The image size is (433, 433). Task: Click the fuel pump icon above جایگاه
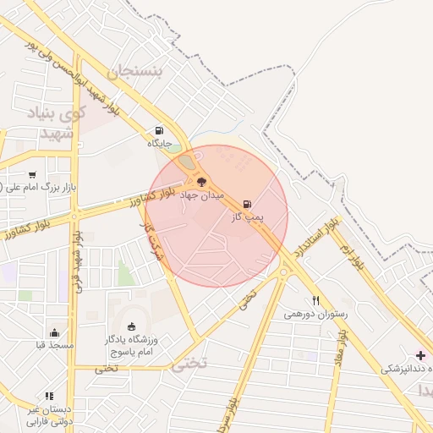pos(159,131)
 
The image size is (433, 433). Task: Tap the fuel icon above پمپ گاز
pos(247,204)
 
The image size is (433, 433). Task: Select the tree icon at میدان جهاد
pos(200,181)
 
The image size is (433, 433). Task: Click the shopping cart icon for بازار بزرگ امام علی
pos(32,174)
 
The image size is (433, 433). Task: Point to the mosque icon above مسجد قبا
pos(55,332)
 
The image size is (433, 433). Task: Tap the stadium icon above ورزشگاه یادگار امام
pos(130,326)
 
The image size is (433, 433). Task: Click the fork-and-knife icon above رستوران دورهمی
pos(315,300)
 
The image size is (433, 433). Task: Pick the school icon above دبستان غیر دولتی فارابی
pos(49,395)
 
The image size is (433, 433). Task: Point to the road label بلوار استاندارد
pos(317,238)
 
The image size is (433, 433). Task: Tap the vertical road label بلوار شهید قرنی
pos(79,263)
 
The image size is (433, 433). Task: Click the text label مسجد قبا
pos(55,346)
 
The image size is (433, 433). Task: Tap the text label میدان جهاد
pos(202,195)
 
